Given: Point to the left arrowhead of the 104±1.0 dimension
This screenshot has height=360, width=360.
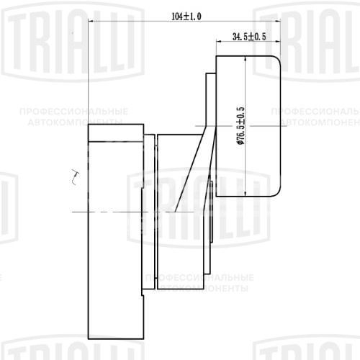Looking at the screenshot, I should click(91, 22).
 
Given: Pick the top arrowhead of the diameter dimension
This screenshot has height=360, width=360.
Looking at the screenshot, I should click(248, 59).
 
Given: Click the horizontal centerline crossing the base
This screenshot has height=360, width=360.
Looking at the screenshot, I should click(115, 213).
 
